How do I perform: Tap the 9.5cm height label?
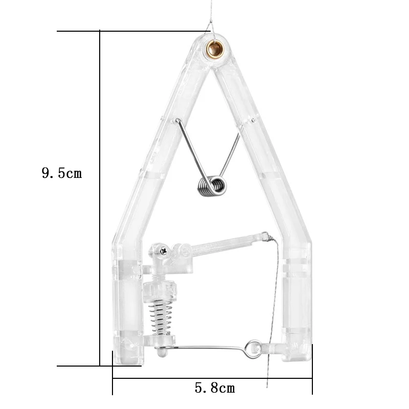coord(61,173)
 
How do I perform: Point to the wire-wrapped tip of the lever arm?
coord(265,237)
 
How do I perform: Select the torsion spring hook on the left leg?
coord(177,122)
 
